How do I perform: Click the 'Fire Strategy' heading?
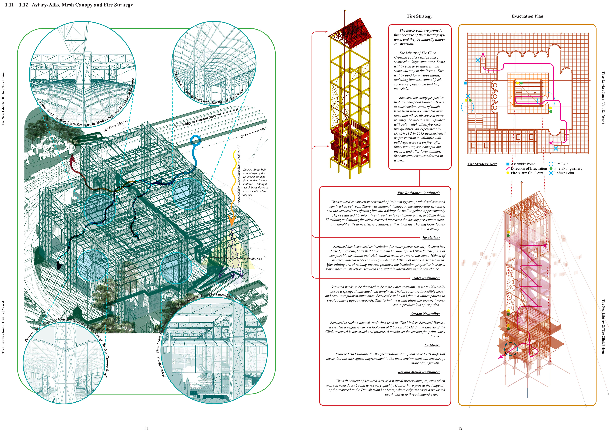[x=419, y=16]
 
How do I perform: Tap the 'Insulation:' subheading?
[x=431, y=238]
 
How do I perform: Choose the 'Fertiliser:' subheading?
[x=432, y=345]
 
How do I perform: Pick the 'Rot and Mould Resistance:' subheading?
[x=419, y=372]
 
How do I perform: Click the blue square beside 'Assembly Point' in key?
[x=508, y=164]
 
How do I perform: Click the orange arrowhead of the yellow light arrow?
[x=232, y=220]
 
